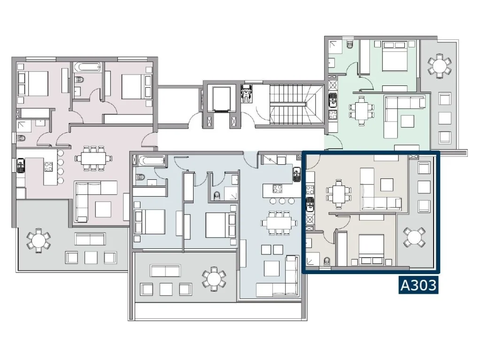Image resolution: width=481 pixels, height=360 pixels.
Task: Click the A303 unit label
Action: coord(419,285)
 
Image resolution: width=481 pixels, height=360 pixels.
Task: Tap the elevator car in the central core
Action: coord(221,99)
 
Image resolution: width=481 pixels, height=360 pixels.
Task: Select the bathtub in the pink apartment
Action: coord(87,67)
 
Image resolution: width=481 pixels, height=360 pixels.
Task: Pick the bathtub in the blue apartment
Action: coord(151,161)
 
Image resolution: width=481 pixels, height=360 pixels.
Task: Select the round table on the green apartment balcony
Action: coord(440,66)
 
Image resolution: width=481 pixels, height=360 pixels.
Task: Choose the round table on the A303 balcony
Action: coord(414,237)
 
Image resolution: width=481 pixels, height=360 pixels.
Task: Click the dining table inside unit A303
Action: coord(339,194)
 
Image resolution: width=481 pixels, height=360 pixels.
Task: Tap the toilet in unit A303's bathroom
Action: coord(327,261)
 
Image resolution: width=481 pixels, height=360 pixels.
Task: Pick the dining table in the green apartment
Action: coord(362,111)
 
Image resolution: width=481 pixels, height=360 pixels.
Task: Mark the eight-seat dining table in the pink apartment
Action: coord(93,158)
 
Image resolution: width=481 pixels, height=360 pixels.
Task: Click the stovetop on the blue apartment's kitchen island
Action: coord(277,189)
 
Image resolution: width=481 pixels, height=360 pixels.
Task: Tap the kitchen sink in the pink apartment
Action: coord(21,165)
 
